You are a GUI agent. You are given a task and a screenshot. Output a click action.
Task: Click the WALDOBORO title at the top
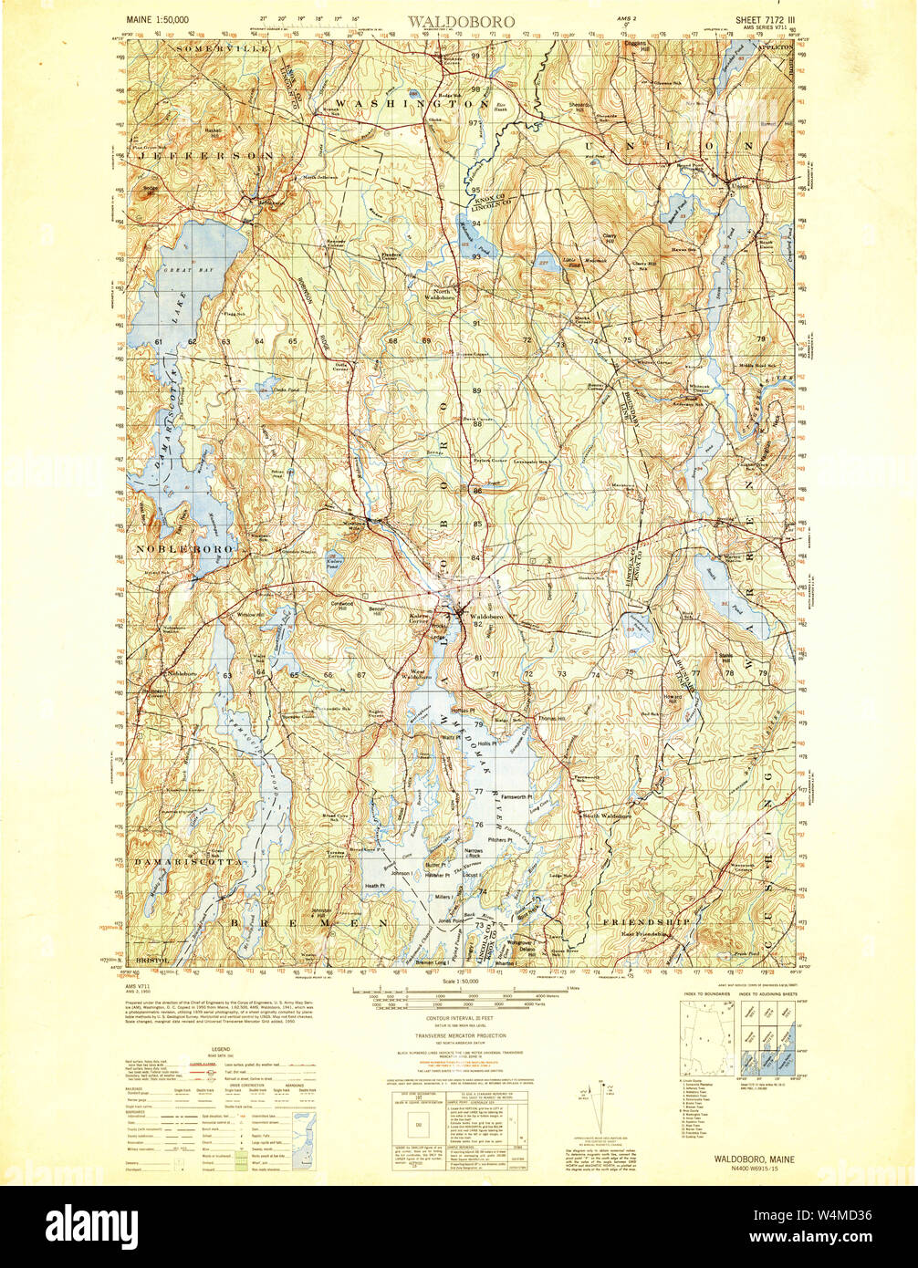tap(461, 20)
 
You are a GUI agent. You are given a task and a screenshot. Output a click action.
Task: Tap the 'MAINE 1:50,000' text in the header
tap(157, 19)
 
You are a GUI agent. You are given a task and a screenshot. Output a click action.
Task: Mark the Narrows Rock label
tap(474, 854)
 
